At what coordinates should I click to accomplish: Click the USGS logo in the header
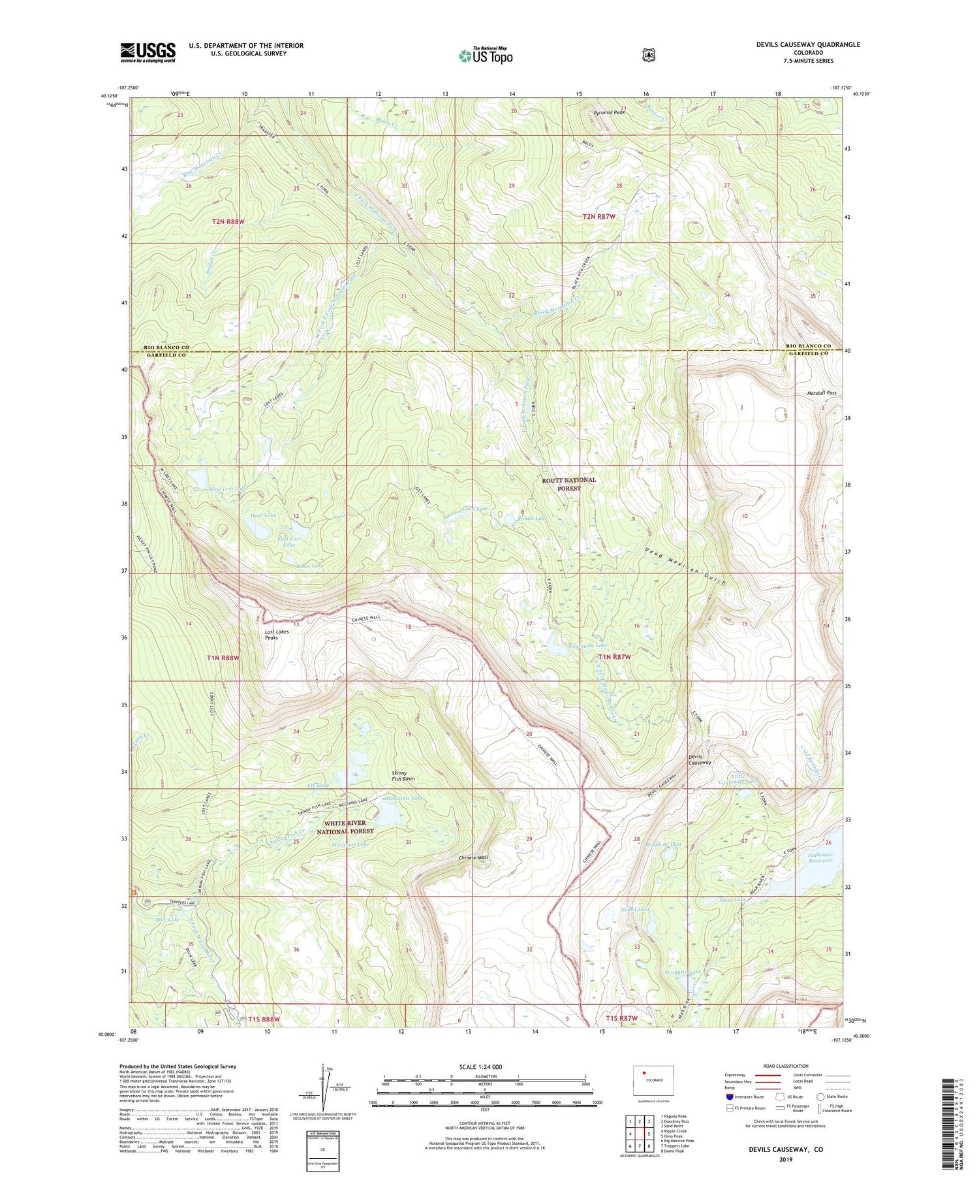point(148,52)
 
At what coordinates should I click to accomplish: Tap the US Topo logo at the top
point(486,56)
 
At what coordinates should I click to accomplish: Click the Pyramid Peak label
point(609,113)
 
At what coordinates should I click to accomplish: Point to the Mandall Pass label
point(822,393)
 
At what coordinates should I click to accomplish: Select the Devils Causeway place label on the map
point(700,760)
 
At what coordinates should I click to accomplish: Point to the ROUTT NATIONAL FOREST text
point(569,484)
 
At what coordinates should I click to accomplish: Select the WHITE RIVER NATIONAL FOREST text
point(345,827)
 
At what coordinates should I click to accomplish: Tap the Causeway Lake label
point(587,645)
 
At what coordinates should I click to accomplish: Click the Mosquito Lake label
point(683,972)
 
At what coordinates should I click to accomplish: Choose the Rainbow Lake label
point(664,844)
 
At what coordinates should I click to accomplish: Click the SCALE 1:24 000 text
point(480,1067)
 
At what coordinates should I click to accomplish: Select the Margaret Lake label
point(350,844)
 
